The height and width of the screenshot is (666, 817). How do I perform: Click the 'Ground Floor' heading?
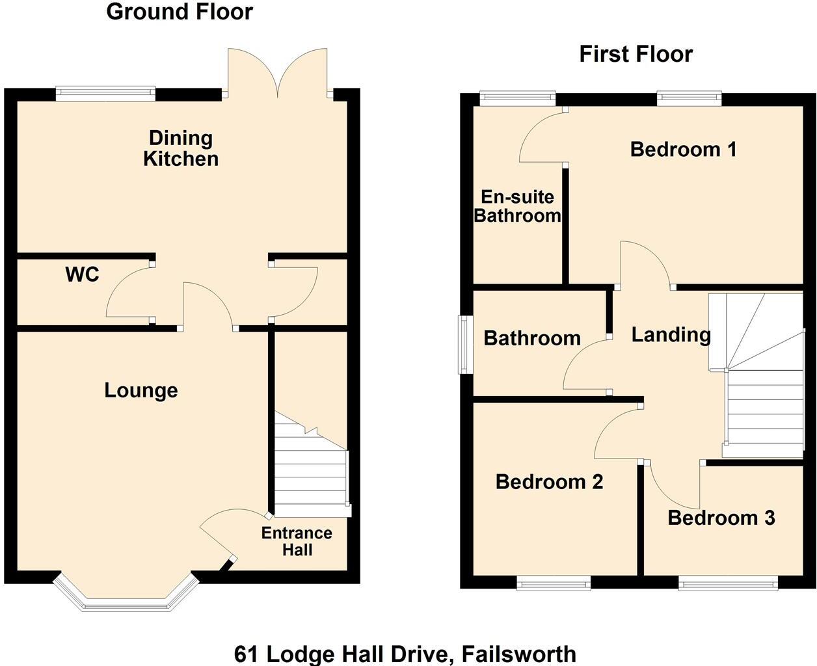tap(180, 12)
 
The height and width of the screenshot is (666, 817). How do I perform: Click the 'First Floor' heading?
tap(636, 54)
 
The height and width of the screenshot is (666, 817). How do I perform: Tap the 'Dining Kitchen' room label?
tap(181, 148)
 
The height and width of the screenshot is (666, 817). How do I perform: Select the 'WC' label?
tap(83, 274)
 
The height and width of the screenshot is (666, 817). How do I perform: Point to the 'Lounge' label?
tap(141, 390)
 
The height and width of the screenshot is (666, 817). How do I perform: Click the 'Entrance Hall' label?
tap(297, 542)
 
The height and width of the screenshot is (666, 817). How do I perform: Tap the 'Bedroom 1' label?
tap(683, 150)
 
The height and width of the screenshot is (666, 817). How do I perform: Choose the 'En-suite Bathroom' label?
tap(517, 206)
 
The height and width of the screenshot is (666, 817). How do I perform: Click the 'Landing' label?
tap(671, 335)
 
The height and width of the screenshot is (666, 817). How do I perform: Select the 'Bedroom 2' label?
tap(549, 482)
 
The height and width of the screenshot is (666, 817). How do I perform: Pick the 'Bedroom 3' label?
tap(721, 518)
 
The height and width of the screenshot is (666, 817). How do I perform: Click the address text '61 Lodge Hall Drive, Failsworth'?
tap(405, 653)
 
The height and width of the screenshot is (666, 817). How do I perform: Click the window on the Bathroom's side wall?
tap(466, 345)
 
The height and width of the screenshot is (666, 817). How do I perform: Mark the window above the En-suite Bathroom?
tap(518, 98)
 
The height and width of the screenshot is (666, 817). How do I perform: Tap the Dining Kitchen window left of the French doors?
tap(106, 94)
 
